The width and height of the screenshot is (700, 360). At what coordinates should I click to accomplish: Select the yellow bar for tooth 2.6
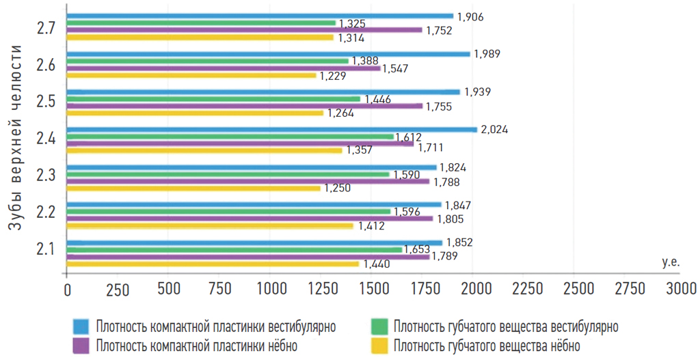click(191, 75)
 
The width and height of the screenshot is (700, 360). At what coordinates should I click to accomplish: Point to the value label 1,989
click(486, 54)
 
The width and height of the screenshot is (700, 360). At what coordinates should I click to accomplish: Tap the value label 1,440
click(376, 264)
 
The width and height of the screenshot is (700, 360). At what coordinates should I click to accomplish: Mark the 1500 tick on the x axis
click(371, 289)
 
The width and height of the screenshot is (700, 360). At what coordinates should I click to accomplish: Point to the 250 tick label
click(118, 289)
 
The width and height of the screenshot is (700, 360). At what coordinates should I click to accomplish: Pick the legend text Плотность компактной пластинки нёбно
click(197, 346)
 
